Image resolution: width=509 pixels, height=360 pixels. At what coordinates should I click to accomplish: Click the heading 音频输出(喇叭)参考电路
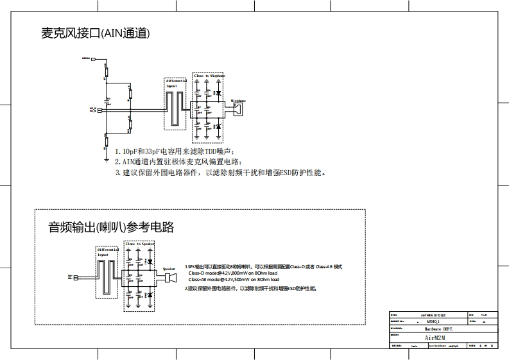(110, 227)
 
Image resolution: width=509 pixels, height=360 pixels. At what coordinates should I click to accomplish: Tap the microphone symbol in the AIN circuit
(239, 110)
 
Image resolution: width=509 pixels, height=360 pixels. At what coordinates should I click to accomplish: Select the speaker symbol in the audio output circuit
(169, 278)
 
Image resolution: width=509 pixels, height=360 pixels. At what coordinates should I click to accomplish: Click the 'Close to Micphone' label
(209, 76)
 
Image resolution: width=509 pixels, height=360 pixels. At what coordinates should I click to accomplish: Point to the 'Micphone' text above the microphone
(238, 101)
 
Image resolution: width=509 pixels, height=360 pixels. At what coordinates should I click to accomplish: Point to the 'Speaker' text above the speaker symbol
(169, 269)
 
